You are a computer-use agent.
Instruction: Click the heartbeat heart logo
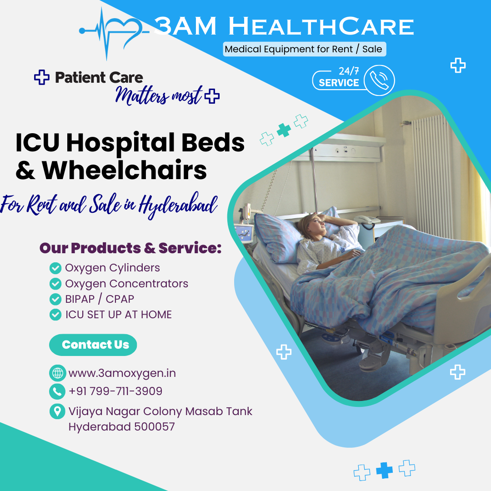(x=113, y=33)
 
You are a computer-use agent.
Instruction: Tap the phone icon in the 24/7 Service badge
(x=379, y=80)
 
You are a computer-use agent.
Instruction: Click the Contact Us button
(x=93, y=345)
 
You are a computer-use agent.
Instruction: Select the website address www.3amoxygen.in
(x=122, y=373)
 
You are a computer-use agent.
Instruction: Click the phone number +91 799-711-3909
(x=115, y=391)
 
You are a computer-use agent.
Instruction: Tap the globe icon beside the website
(x=57, y=373)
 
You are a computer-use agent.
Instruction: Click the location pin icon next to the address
(x=57, y=411)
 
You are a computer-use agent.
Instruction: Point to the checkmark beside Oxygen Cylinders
(x=55, y=268)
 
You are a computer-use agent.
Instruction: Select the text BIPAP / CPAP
(x=100, y=299)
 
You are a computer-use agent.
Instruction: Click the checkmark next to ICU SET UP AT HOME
(x=55, y=315)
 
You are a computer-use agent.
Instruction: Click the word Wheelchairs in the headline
(x=124, y=170)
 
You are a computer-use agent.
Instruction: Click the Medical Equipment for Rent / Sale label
(x=304, y=49)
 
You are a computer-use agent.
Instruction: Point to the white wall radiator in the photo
(x=432, y=175)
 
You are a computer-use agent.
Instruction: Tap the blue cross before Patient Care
(x=42, y=77)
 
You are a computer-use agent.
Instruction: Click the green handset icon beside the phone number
(x=57, y=391)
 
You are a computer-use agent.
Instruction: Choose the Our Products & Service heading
(x=130, y=248)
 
